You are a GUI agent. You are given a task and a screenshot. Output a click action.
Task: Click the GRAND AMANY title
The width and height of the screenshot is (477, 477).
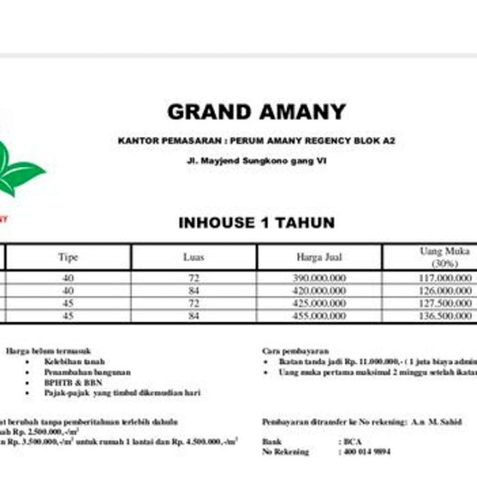[x=256, y=112]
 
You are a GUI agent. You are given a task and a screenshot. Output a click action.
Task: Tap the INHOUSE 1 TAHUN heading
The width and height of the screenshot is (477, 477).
[x=256, y=223]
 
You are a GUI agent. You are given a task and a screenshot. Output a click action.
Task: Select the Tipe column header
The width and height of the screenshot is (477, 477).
[x=68, y=258]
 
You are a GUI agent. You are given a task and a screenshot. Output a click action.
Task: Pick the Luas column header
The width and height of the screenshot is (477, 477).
[x=194, y=258]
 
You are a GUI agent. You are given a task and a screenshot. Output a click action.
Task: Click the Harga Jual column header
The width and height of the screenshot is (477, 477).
[x=319, y=258]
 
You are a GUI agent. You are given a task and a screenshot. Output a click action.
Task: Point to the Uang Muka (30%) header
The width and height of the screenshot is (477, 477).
[x=444, y=257]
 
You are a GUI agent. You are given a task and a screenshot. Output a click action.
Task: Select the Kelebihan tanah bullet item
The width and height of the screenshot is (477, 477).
[x=75, y=361]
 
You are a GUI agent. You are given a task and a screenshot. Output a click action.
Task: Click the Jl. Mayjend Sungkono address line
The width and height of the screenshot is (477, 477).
[x=256, y=163]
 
